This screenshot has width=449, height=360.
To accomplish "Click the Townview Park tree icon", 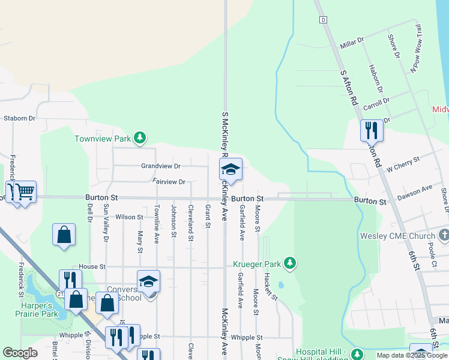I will coord(140,139).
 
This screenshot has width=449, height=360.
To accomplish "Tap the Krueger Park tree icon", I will coord(290,263).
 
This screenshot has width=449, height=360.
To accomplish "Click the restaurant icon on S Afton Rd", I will coord(372,130).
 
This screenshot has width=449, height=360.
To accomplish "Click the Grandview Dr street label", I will coord(160,166).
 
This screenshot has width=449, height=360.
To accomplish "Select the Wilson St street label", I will coord(130,217).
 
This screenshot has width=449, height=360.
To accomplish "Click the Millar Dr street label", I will coord(352,43).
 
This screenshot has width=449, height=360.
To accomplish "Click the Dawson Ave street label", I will coord(415,192).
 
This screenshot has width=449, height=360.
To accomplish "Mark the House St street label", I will coord(92,266).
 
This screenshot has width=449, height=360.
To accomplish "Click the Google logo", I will coord(20,353).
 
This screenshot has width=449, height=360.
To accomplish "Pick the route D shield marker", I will coord(324,20).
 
